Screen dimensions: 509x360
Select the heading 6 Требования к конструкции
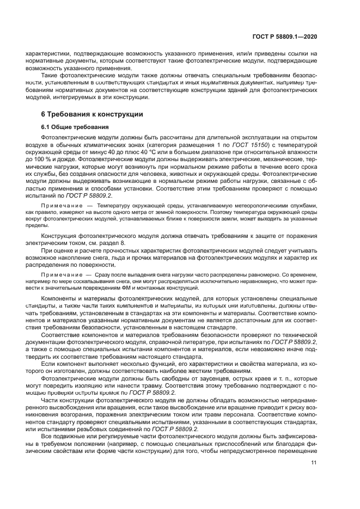(92, 114)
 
